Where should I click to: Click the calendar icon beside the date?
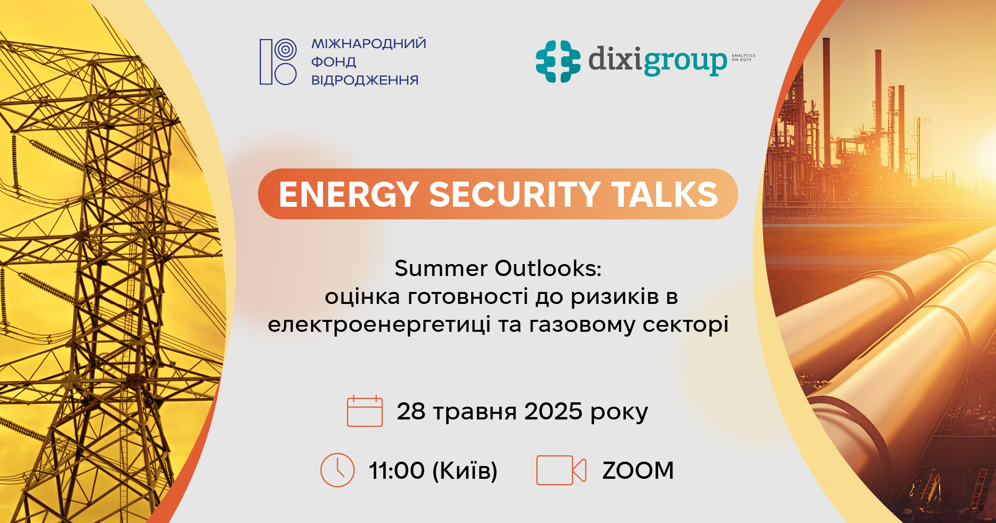pyautogui.click(x=365, y=411)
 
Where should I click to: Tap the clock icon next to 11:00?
pyautogui.click(x=337, y=470)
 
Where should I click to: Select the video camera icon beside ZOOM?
pyautogui.click(x=561, y=470)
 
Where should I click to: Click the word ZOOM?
pyautogui.click(x=638, y=470)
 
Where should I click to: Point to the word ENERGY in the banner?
pyautogui.click(x=349, y=194)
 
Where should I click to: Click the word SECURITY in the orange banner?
pyautogui.click(x=515, y=194)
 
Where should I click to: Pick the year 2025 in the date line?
pyautogui.click(x=553, y=411)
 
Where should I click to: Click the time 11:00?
pyautogui.click(x=397, y=470)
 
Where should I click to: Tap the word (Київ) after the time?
pyautogui.click(x=465, y=471)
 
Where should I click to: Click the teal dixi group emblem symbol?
pyautogui.click(x=558, y=61)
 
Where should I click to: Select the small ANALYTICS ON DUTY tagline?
pyautogui.click(x=743, y=58)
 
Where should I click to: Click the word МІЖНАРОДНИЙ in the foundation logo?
pyautogui.click(x=369, y=43)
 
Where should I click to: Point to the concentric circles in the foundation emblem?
pyautogui.click(x=286, y=50)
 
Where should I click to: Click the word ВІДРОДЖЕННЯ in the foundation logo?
pyautogui.click(x=365, y=80)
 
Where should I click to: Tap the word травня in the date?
pyautogui.click(x=475, y=412)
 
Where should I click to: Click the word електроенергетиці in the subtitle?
pyautogui.click(x=379, y=325)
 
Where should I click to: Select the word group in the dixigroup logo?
pyautogui.click(x=685, y=62)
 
